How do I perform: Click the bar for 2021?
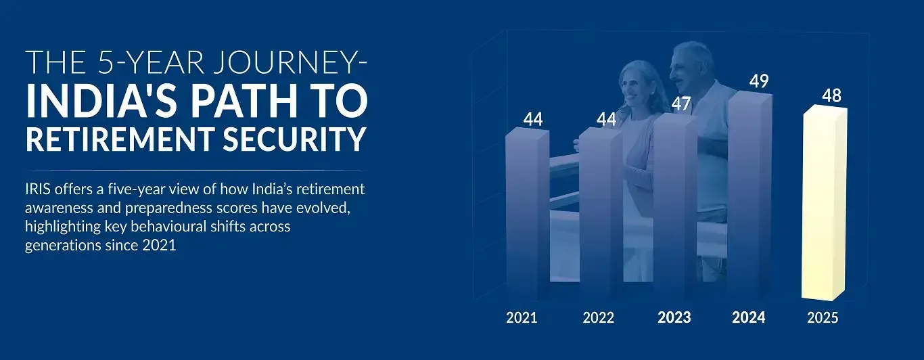[528, 213]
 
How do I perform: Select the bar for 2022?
[601, 213]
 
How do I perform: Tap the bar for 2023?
[675, 206]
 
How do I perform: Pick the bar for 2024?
[750, 196]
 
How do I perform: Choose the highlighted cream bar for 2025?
[825, 203]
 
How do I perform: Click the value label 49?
[759, 81]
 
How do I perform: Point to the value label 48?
[831, 96]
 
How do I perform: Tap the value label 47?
[681, 104]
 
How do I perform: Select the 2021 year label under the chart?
[522, 317]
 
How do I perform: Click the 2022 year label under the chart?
[599, 317]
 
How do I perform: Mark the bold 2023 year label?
[674, 317]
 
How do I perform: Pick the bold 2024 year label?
[749, 317]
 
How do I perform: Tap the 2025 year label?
[823, 317]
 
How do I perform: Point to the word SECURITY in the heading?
[294, 139]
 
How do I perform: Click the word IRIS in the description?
[38, 189]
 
